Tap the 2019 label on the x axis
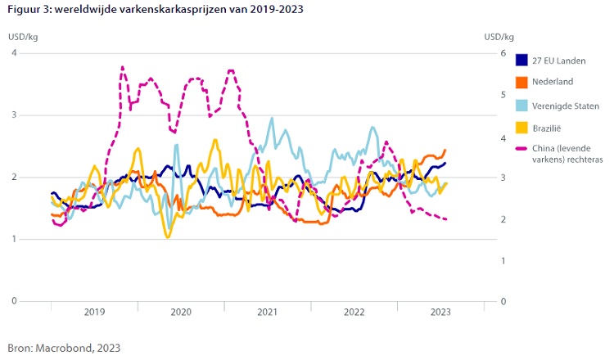point(94,312)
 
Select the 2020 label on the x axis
point(181,312)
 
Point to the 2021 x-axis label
point(267,312)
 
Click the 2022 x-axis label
point(354,312)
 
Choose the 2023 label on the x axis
point(440,312)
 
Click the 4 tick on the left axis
point(14,53)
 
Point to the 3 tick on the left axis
point(14,115)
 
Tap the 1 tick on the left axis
point(14,239)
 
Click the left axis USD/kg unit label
point(22,36)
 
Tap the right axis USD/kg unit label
point(499,36)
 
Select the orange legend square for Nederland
point(521,82)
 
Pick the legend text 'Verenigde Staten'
point(566,105)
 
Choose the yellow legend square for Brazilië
point(521,127)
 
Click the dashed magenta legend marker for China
point(521,148)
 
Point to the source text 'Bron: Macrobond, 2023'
point(64,348)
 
